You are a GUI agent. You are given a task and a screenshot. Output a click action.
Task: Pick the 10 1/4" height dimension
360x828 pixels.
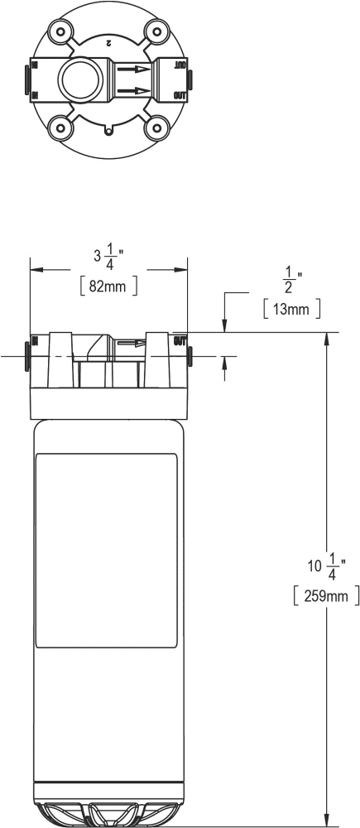coord(327,568)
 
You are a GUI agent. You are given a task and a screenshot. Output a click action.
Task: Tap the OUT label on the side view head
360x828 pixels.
coord(180,340)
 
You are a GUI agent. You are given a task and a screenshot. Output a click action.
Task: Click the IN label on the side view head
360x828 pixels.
coord(34,341)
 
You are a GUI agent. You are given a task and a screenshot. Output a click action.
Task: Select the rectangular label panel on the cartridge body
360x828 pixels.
coord(107,551)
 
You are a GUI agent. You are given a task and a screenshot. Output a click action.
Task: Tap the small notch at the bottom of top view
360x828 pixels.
coord(108,130)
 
